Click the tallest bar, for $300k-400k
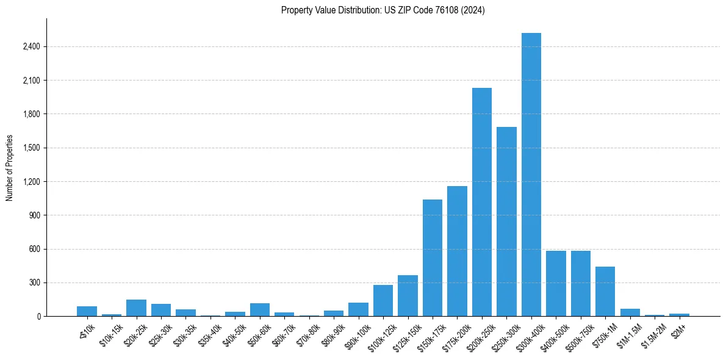[531, 175]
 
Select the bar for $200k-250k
[482, 202]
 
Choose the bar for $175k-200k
[457, 251]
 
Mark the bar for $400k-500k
[556, 283]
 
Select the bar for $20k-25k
[136, 308]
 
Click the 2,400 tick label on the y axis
[31, 46]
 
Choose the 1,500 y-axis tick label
[31, 148]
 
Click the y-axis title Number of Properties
[10, 168]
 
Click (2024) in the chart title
[473, 10]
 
